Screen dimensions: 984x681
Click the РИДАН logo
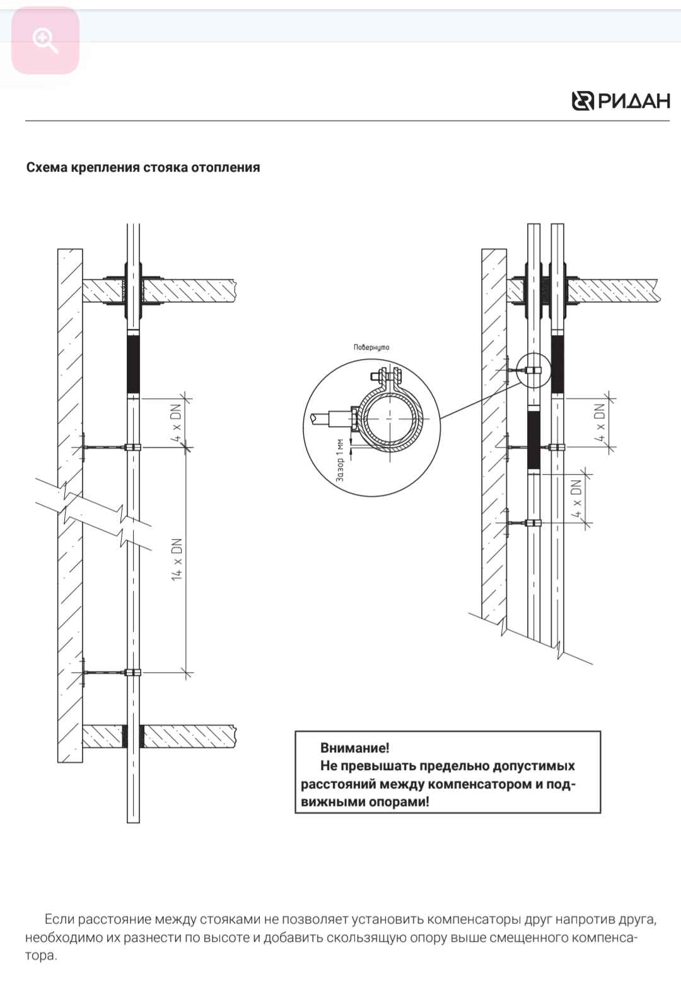click(x=620, y=101)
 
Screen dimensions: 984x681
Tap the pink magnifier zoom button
click(x=45, y=41)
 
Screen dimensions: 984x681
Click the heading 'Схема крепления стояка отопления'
click(x=143, y=167)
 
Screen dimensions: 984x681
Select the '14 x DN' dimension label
click(x=177, y=559)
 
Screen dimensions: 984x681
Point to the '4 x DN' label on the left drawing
click(x=177, y=423)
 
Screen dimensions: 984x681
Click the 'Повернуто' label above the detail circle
click(x=371, y=347)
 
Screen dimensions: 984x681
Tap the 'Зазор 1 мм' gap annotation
click(x=340, y=459)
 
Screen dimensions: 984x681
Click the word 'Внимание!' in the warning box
click(x=355, y=748)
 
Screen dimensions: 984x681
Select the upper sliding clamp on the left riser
click(x=132, y=448)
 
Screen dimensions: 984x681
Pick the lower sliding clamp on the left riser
click(x=132, y=673)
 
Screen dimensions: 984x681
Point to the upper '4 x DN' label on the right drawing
click(x=600, y=422)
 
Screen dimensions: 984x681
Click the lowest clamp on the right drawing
click(x=533, y=523)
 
